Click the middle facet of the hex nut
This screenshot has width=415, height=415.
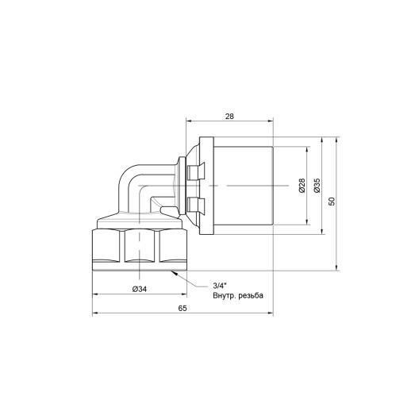[x=138, y=248]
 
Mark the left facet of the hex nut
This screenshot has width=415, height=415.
[x=106, y=248]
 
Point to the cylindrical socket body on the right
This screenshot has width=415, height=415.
[x=246, y=189]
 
